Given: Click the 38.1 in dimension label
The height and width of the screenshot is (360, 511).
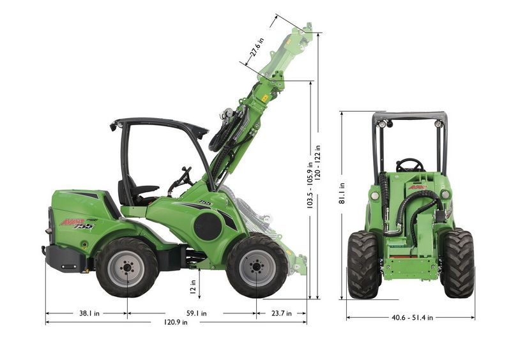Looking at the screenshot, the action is coord(89,313).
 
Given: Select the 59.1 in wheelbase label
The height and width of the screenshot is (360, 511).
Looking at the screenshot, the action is coord(196,313).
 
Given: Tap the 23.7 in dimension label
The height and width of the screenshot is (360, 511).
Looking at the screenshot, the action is coord(281,313).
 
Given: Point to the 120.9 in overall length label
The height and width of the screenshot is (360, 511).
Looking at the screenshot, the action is coord(175,322).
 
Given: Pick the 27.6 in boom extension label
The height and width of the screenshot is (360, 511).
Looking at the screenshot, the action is coord(257,47).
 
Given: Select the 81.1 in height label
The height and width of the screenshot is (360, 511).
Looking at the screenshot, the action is coord(342,193).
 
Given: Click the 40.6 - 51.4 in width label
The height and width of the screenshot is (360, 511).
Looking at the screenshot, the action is coord(412,318).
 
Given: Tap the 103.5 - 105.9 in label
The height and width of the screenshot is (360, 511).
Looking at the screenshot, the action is coord(310,185).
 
